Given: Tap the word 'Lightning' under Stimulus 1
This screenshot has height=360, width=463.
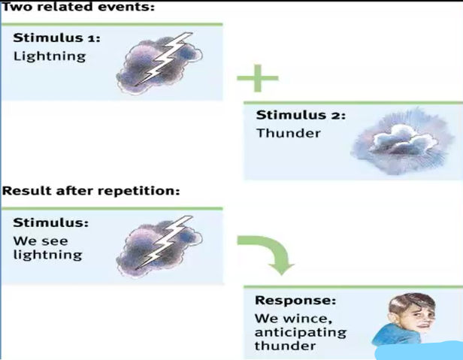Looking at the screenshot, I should coord(50,56).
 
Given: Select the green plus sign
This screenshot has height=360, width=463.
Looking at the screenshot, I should coord(257,78).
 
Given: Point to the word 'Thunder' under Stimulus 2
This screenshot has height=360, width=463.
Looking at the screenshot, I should coord(288,133).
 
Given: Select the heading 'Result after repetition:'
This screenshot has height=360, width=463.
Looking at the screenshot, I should coord(91,190).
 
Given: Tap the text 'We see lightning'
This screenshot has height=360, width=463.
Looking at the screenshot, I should coord(47,248).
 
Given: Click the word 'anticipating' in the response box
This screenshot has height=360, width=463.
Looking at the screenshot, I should coord(300,332).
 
